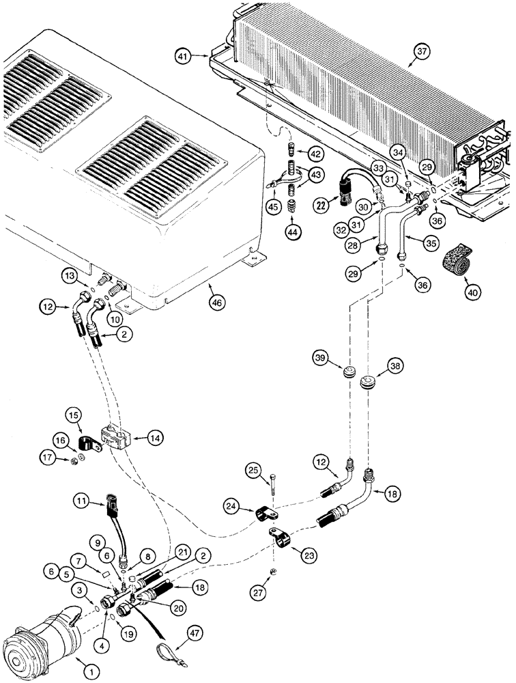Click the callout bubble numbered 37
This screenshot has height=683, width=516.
point(422,51)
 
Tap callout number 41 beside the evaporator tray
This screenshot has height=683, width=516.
point(182,55)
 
